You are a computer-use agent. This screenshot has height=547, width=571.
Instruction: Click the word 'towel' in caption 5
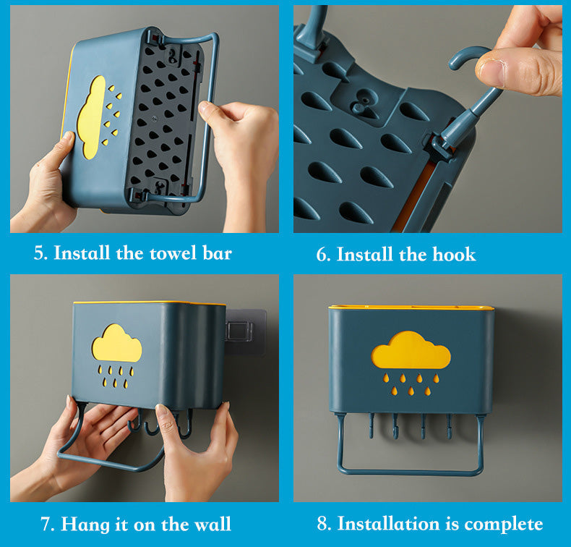173,253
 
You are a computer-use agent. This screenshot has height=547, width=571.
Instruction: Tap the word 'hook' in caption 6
454,254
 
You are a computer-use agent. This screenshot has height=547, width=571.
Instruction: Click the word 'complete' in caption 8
503,525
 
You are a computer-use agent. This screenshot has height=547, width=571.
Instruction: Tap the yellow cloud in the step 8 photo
411,350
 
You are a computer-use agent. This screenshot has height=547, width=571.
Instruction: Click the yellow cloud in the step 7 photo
116,343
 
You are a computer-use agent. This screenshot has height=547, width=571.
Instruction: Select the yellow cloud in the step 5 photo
91,117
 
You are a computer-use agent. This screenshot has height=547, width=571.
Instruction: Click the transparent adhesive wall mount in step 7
245,331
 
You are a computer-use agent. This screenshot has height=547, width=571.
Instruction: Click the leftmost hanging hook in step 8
371,425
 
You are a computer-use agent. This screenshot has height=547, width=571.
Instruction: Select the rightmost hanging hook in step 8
449,425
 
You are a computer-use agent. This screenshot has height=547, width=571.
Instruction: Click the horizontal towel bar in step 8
411,472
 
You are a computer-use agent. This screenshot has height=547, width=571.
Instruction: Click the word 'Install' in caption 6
364,254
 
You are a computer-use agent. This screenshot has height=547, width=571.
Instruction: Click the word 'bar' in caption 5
217,253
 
